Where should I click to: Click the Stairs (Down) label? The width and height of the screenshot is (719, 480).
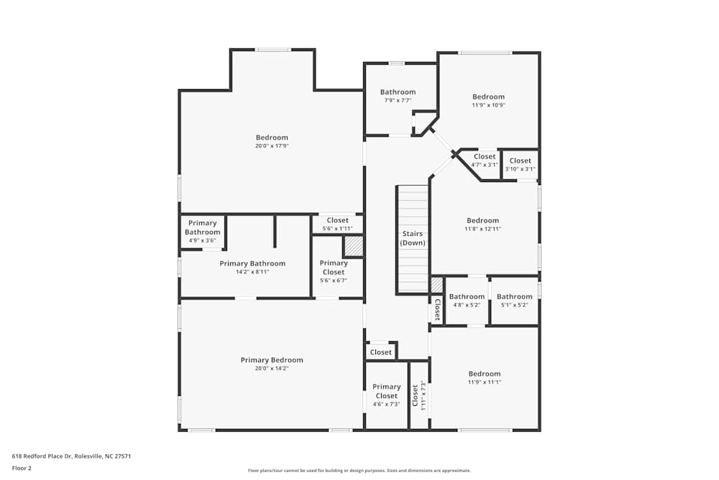coord(413,238)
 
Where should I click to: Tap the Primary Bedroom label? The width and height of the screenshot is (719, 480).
coord(272,360)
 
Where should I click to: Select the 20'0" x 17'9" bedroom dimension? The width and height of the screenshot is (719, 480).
coord(272,146)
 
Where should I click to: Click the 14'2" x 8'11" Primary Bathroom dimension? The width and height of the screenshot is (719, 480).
coord(252,272)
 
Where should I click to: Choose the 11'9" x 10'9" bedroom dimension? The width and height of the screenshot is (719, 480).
coord(488,105)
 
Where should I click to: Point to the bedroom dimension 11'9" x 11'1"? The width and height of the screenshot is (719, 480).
coord(485,382)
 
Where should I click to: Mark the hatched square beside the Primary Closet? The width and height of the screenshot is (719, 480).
coord(353,246)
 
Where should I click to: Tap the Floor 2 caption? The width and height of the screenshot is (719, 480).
coord(22,468)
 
